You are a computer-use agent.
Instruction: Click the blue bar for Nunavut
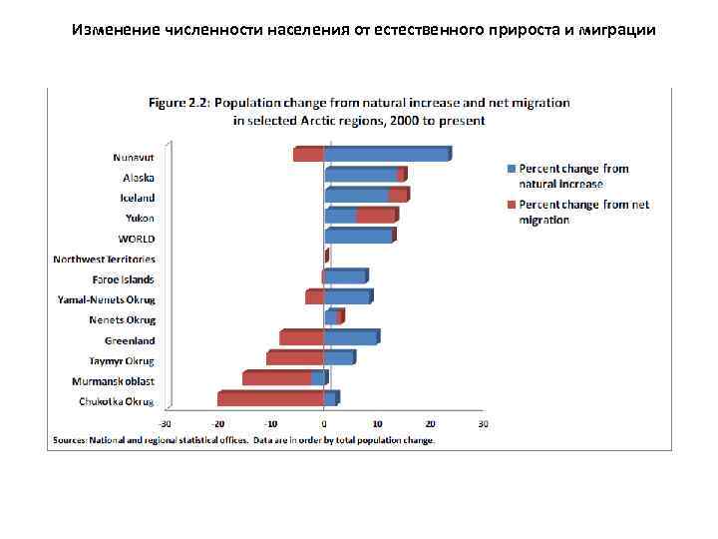pyautogui.click(x=387, y=155)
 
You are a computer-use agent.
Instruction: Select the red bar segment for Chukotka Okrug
pyautogui.click(x=270, y=399)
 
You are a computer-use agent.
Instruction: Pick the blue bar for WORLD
pyautogui.click(x=359, y=237)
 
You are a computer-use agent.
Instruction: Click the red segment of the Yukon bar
pyautogui.click(x=376, y=216)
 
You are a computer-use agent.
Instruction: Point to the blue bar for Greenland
pyautogui.click(x=351, y=338)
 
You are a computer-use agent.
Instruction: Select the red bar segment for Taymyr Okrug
pyautogui.click(x=295, y=358)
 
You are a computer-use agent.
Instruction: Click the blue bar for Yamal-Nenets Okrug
pyautogui.click(x=347, y=297)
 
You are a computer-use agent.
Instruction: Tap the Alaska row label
pyautogui.click(x=139, y=178)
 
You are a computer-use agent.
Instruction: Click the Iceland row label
pyautogui.click(x=138, y=198)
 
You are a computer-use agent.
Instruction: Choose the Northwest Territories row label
pyautogui.click(x=105, y=260)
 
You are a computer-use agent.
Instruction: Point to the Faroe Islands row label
pyautogui.click(x=124, y=279)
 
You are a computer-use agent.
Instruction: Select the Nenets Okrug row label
pyautogui.click(x=122, y=320)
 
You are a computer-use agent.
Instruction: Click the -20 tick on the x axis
pyautogui.click(x=218, y=423)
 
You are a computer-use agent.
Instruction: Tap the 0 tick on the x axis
pyautogui.click(x=324, y=423)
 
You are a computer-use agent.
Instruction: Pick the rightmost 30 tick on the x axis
pyautogui.click(x=483, y=423)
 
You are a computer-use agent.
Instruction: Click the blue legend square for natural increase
pyautogui.click(x=512, y=170)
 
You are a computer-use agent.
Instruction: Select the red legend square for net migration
pyautogui.click(x=512, y=205)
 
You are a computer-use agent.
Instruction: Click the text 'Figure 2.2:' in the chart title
pyautogui.click(x=179, y=103)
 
